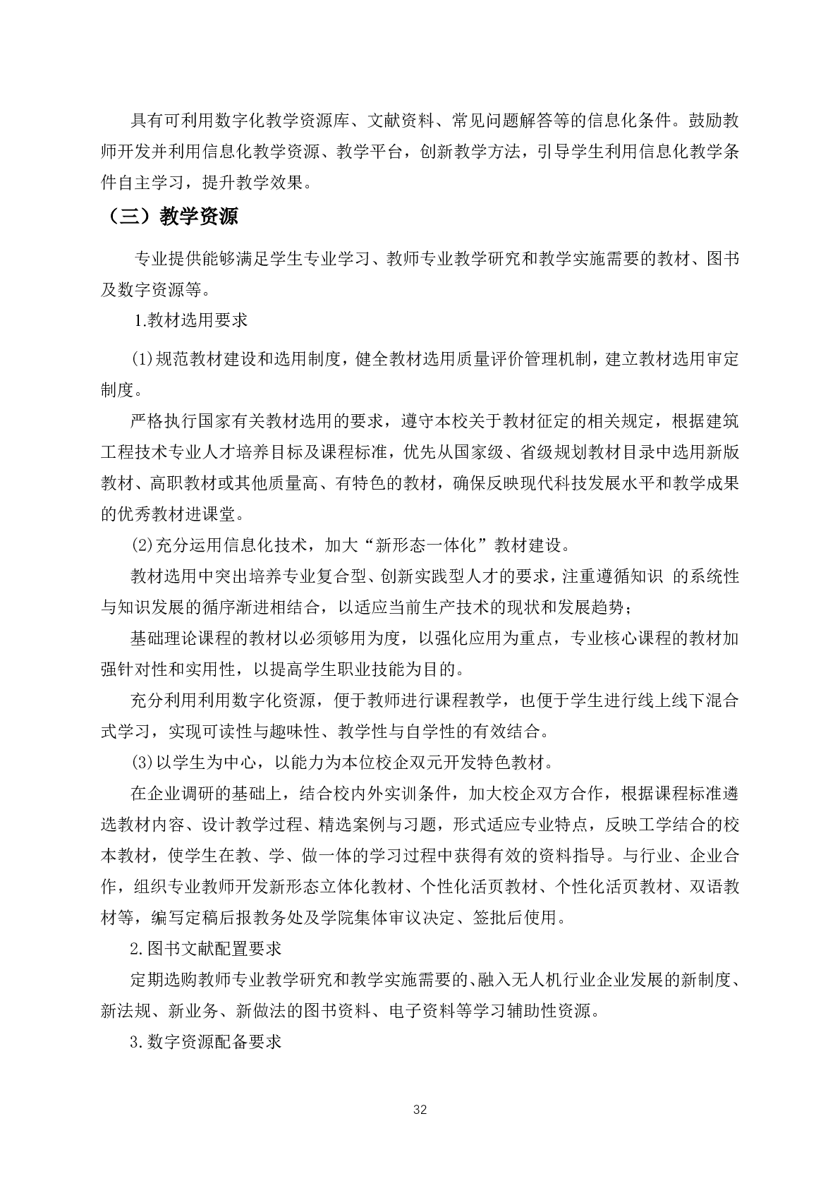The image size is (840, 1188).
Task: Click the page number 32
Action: pyautogui.click(x=420, y=1110)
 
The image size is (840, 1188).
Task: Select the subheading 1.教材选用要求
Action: pyautogui.click(x=191, y=320)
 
